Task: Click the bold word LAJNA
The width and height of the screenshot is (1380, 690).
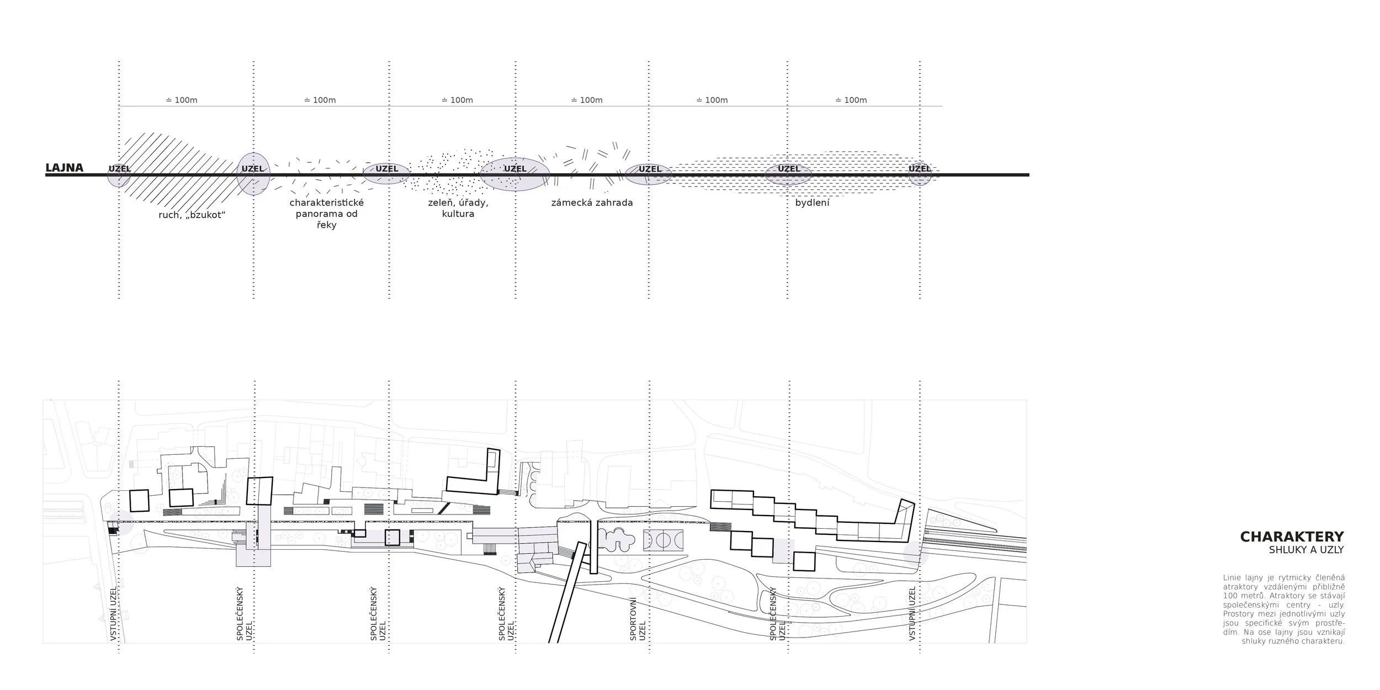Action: (64, 168)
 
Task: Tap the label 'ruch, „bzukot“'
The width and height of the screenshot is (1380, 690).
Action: (192, 215)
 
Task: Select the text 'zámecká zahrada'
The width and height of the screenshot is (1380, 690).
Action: (592, 203)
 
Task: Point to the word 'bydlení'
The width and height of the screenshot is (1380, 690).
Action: (812, 203)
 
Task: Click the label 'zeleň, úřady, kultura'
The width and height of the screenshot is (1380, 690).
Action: (458, 208)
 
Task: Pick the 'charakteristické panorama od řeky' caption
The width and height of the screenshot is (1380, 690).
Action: (327, 214)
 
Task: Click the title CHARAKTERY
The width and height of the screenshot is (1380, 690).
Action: (1292, 537)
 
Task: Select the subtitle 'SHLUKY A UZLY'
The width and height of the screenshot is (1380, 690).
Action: (1306, 550)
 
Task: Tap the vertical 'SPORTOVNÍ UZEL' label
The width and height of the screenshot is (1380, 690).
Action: (637, 619)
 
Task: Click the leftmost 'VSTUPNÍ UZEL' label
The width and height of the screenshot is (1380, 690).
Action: (114, 614)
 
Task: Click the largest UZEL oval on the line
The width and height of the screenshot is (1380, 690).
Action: (514, 174)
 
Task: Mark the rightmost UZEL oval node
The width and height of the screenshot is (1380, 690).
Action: (920, 174)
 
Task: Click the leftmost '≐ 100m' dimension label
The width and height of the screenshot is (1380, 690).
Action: (182, 100)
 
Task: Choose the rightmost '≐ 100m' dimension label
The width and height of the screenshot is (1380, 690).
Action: (851, 100)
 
